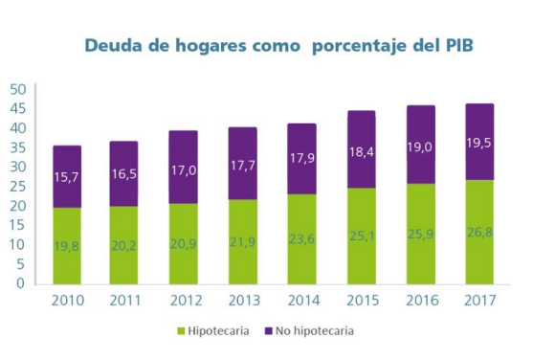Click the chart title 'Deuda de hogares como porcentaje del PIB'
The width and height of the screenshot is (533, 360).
278,46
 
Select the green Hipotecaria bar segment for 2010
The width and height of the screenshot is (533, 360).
67,246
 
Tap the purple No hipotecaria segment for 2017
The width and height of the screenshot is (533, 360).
479,142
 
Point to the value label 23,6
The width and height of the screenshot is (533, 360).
301,239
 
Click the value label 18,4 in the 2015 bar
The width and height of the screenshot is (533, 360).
362,152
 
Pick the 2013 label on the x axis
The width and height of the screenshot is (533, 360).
244,301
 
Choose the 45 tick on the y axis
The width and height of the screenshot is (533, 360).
18,109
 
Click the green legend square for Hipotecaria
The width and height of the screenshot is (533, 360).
181,330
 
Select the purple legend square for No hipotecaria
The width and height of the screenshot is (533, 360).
269,330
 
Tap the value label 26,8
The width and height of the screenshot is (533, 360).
479,233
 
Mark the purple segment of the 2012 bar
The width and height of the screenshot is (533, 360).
183,167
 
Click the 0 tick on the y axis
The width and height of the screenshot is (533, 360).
21,283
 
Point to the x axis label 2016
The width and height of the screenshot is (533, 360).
422,301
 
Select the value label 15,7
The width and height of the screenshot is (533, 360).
66,177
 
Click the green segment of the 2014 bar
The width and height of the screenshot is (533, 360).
301,239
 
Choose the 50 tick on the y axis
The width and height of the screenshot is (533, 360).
18,89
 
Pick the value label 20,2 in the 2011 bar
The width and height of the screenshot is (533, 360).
123,245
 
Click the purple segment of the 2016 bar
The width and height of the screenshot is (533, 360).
421,145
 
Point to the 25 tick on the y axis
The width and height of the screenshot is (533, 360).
18,187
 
